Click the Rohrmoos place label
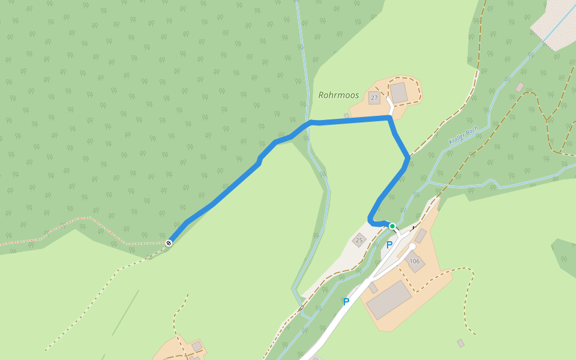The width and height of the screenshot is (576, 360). (338, 95)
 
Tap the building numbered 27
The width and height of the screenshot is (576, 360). (374, 98)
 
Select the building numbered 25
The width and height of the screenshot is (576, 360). (359, 240)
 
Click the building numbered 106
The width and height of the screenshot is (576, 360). (415, 261)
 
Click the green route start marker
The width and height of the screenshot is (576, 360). (392, 226)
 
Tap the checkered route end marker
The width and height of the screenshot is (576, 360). (169, 243)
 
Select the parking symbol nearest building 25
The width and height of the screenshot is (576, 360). (389, 245)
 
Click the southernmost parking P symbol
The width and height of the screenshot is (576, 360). (346, 302)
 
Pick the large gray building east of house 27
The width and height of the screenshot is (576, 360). (398, 92)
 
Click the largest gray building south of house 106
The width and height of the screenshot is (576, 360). (389, 299)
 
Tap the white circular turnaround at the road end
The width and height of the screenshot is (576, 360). (412, 247)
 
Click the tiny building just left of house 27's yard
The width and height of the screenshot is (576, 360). (346, 115)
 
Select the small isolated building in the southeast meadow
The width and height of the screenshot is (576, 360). (460, 343)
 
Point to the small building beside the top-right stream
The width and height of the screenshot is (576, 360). (520, 87)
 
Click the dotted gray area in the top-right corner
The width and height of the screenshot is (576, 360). (555, 24)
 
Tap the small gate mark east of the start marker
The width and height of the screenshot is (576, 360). (414, 228)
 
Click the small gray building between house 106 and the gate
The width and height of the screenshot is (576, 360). (421, 235)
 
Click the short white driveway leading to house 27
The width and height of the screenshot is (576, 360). (390, 109)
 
